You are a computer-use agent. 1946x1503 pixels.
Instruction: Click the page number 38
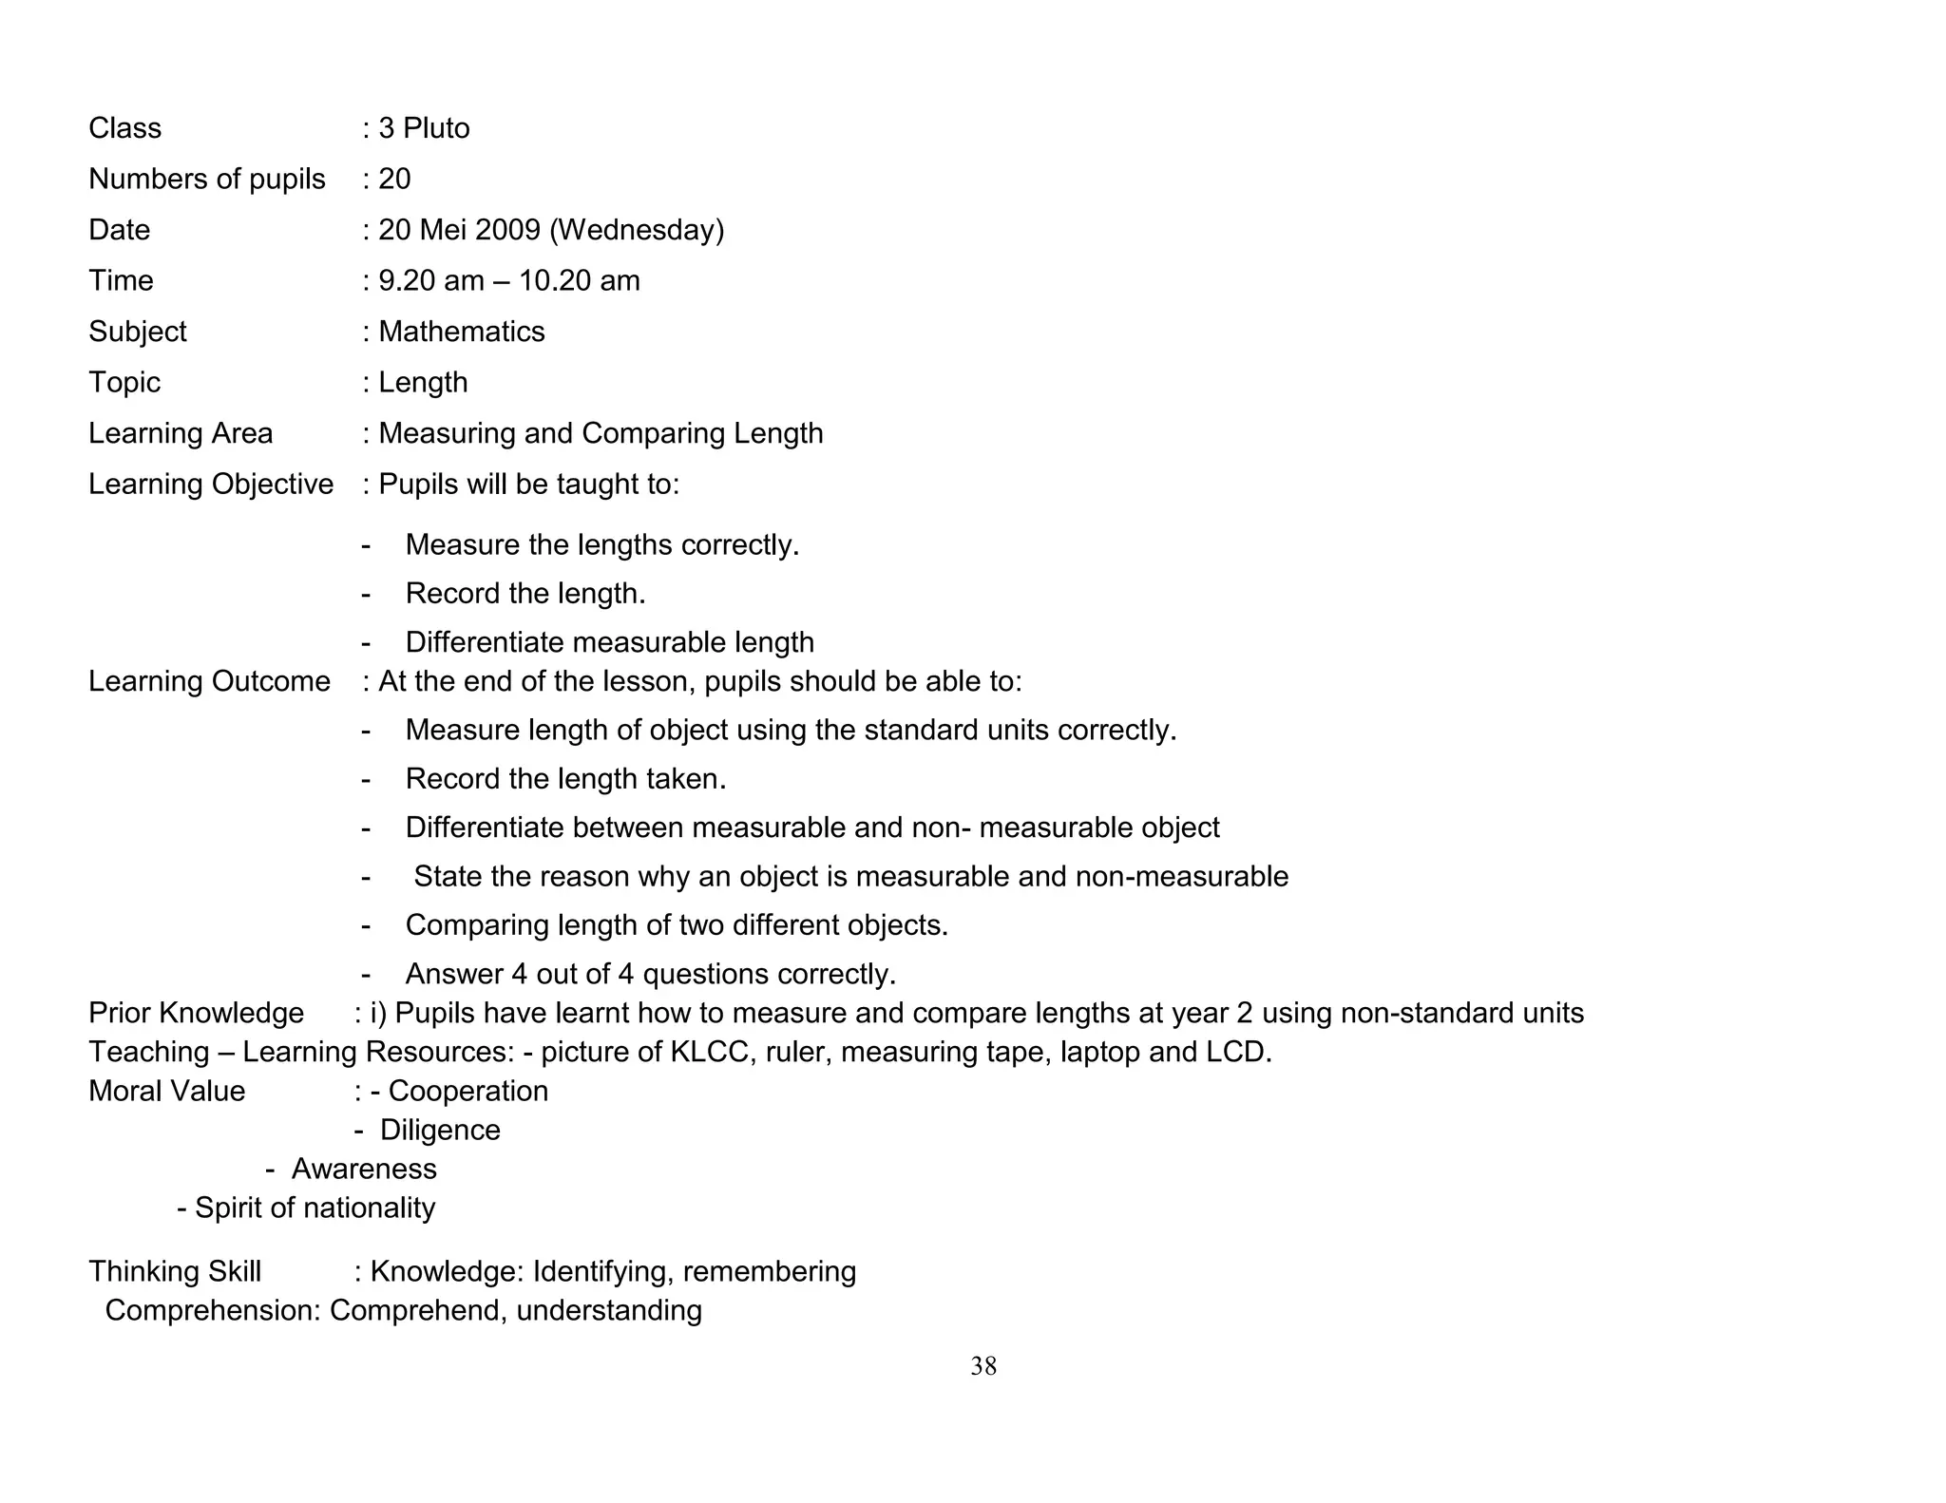tap(983, 1366)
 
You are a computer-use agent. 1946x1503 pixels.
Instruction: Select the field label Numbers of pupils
tap(207, 179)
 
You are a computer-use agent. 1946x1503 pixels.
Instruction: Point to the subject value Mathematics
tap(462, 332)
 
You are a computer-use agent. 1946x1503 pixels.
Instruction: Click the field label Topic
tap(124, 382)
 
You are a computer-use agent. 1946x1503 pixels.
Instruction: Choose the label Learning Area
tap(181, 433)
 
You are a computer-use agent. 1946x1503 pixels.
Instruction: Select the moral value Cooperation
tap(468, 1091)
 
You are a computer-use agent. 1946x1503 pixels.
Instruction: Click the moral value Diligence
tap(440, 1130)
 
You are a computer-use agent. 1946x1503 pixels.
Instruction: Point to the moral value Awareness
tap(364, 1169)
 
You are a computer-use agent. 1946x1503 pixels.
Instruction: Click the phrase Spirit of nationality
tap(315, 1208)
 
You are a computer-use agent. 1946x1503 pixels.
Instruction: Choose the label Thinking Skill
tap(175, 1271)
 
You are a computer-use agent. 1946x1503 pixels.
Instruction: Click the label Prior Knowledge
tap(196, 1013)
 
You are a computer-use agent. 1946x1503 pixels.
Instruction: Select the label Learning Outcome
tap(209, 681)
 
